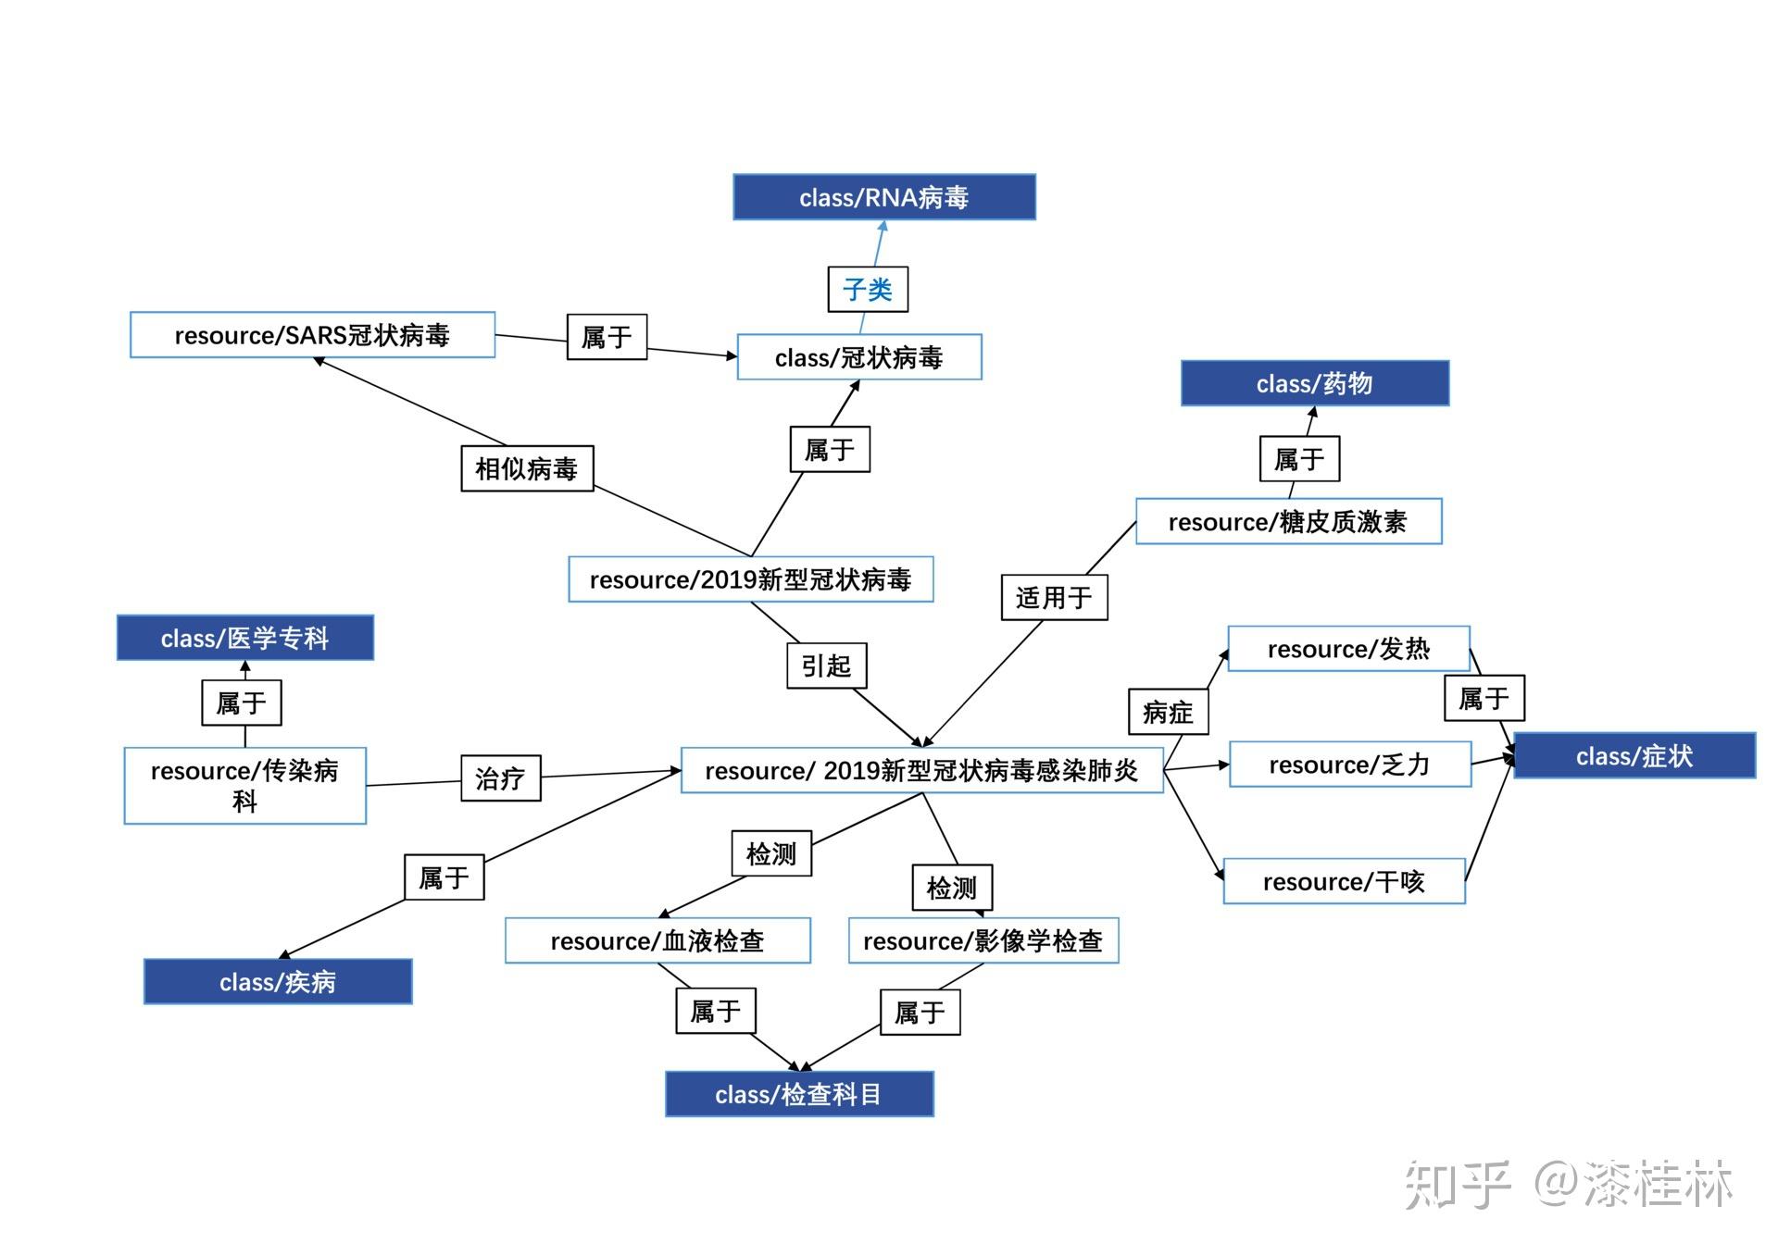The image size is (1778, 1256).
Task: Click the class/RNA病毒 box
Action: click(x=883, y=197)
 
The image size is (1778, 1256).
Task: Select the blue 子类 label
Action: click(x=868, y=290)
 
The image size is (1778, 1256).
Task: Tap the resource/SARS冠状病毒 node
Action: click(x=312, y=335)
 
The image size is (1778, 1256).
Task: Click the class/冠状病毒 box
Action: click(x=858, y=357)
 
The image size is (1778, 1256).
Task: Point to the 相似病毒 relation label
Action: click(x=527, y=468)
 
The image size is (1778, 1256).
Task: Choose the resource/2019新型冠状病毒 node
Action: click(x=750, y=579)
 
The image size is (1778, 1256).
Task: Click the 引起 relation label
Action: click(x=827, y=665)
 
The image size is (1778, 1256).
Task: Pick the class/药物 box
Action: click(x=1314, y=383)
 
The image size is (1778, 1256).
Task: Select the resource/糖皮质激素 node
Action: click(x=1288, y=522)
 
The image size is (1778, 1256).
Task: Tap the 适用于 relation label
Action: click(x=1054, y=597)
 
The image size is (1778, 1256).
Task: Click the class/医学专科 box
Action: click(x=244, y=638)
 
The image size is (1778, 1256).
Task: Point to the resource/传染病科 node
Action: click(x=244, y=786)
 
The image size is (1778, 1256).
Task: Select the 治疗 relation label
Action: click(x=500, y=778)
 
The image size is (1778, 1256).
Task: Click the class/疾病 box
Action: click(x=277, y=982)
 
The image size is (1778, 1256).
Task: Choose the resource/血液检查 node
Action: click(x=657, y=940)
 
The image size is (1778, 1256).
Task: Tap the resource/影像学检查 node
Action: click(x=983, y=940)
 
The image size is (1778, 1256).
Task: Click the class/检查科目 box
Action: click(x=798, y=1094)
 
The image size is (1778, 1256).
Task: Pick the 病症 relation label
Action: click(x=1168, y=712)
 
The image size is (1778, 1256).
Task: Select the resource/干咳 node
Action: click(x=1344, y=881)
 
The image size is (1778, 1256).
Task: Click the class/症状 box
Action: click(x=1634, y=756)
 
